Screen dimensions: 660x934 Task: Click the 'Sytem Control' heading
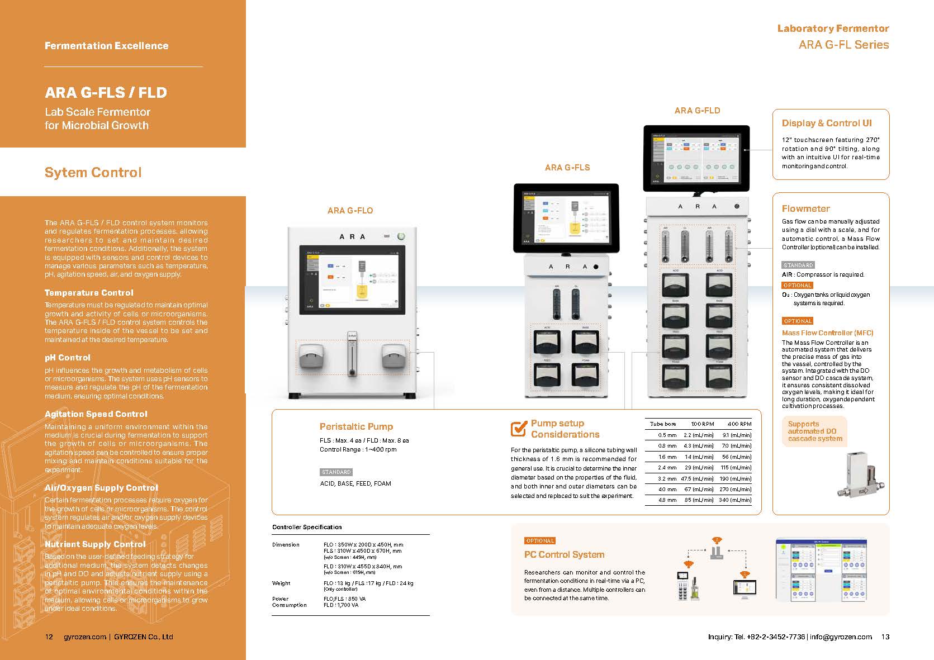[93, 173]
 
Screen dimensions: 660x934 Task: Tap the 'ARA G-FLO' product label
[350, 211]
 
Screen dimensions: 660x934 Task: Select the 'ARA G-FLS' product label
[567, 167]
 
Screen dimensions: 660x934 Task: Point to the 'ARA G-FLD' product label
[697, 111]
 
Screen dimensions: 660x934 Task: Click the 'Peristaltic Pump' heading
[356, 427]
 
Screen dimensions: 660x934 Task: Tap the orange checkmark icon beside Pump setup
[519, 429]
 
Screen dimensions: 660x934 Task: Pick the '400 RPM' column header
[739, 424]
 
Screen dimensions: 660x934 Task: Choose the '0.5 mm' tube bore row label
[667, 435]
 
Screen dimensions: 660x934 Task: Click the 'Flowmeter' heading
[805, 209]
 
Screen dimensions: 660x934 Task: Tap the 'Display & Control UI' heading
[827, 124]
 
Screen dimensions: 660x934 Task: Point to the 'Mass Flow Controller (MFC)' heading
[827, 333]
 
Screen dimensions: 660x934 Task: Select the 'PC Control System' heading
[564, 555]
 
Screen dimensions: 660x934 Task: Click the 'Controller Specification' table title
[307, 527]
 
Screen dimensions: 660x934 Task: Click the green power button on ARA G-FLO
[401, 236]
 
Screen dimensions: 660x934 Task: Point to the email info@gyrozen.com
[841, 637]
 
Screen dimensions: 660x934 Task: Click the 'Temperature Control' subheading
[89, 293]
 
